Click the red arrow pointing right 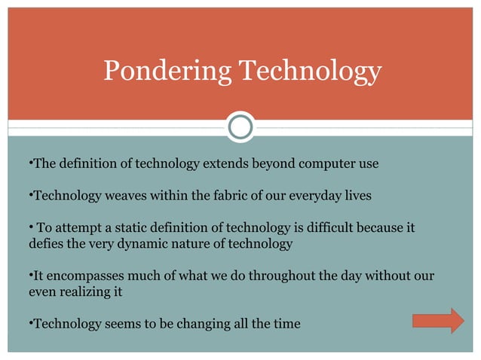tap(438, 320)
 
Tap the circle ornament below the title tap(240, 127)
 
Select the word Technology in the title tap(310, 72)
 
